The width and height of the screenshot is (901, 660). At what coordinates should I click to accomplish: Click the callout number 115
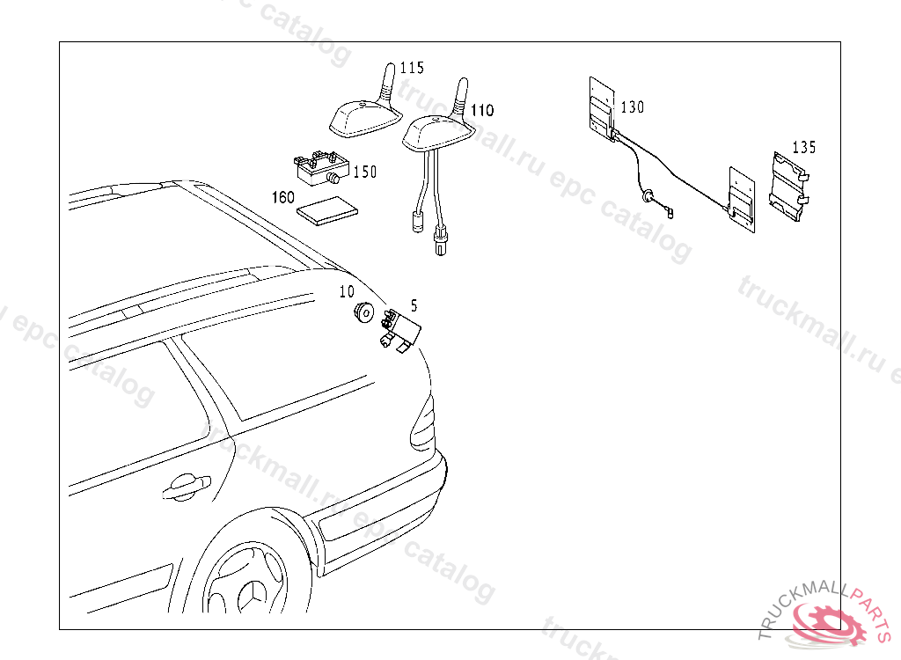pos(412,68)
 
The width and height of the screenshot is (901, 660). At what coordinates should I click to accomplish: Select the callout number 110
pos(481,111)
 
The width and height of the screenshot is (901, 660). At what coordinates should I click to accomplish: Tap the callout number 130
pos(632,107)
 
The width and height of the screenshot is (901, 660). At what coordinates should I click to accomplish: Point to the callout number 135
pos(803,147)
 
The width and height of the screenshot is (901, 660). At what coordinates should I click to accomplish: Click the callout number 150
pos(364,172)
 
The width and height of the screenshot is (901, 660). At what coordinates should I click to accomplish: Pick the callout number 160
pos(282,197)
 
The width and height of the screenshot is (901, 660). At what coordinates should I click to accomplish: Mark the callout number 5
pos(414,305)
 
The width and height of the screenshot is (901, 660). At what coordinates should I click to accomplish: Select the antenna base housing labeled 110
pos(434,133)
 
